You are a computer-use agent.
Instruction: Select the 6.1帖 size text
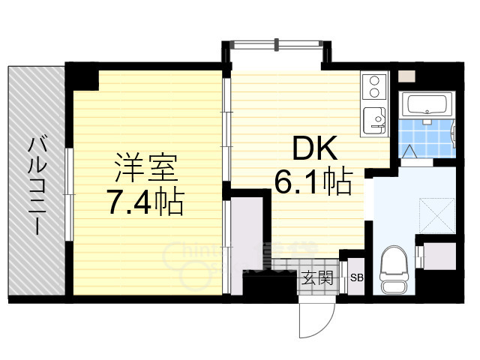point(313,182)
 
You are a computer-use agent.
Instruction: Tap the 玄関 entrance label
point(317,277)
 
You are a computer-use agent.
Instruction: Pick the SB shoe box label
point(358,278)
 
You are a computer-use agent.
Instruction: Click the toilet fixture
point(393,271)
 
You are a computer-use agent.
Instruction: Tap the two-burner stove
point(373,85)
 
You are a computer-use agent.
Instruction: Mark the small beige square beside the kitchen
point(406,76)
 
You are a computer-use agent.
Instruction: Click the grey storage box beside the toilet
point(434,259)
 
